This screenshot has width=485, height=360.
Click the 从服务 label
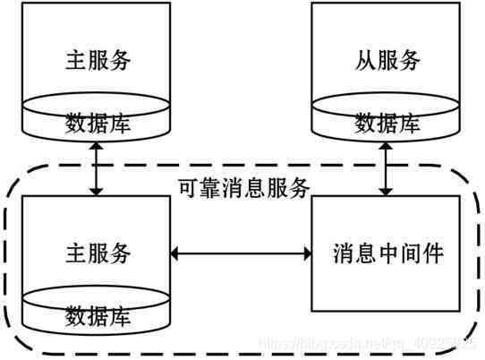click(387, 60)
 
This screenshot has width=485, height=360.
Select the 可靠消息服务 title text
click(242, 188)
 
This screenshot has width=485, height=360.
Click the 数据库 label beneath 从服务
click(387, 124)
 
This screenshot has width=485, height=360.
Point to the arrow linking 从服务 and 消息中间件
click(387, 167)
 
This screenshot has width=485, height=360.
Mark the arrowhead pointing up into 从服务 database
click(387, 145)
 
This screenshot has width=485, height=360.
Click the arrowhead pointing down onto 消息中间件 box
click(387, 190)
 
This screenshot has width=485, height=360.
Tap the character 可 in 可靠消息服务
click(183, 188)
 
